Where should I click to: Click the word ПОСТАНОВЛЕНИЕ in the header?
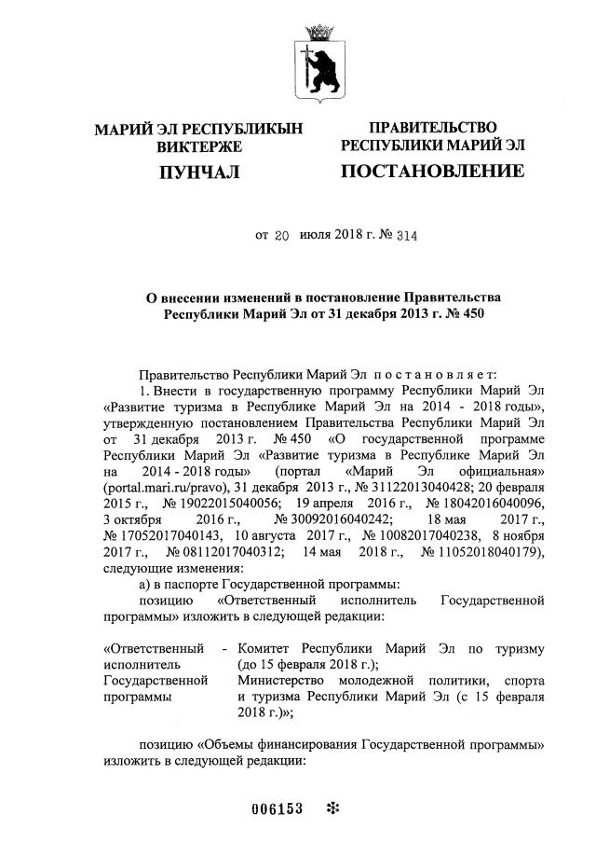pos(431,172)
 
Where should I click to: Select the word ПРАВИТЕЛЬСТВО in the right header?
pos(432,127)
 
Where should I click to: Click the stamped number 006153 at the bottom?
pos(278,808)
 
